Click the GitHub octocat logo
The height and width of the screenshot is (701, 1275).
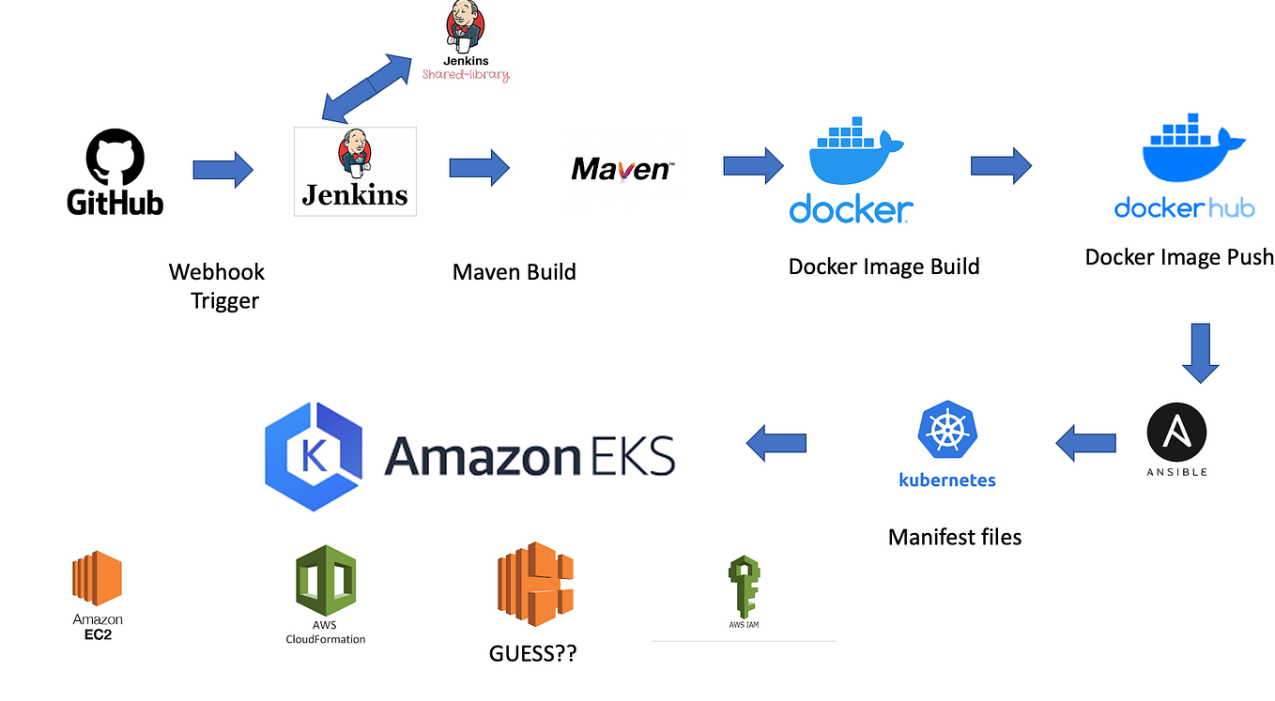tap(115, 157)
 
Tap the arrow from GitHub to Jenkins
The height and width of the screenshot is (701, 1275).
tap(223, 170)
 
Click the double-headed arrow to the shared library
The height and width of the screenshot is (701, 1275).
tap(366, 87)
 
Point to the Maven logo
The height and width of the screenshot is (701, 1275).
tap(622, 169)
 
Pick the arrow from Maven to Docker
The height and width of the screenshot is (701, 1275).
tap(753, 166)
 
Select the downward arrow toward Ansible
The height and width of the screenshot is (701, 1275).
tap(1200, 353)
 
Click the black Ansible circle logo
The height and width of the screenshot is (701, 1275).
tap(1176, 434)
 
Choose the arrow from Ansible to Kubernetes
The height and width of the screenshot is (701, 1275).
tap(1086, 443)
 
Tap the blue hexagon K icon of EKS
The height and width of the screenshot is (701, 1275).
tap(313, 456)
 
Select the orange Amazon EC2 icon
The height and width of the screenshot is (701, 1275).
tap(97, 578)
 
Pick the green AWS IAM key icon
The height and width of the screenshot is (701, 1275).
tap(743, 586)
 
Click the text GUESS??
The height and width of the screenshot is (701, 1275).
tap(532, 654)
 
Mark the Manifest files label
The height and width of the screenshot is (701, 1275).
tap(954, 538)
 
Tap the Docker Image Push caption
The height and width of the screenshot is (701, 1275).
tap(1178, 257)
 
